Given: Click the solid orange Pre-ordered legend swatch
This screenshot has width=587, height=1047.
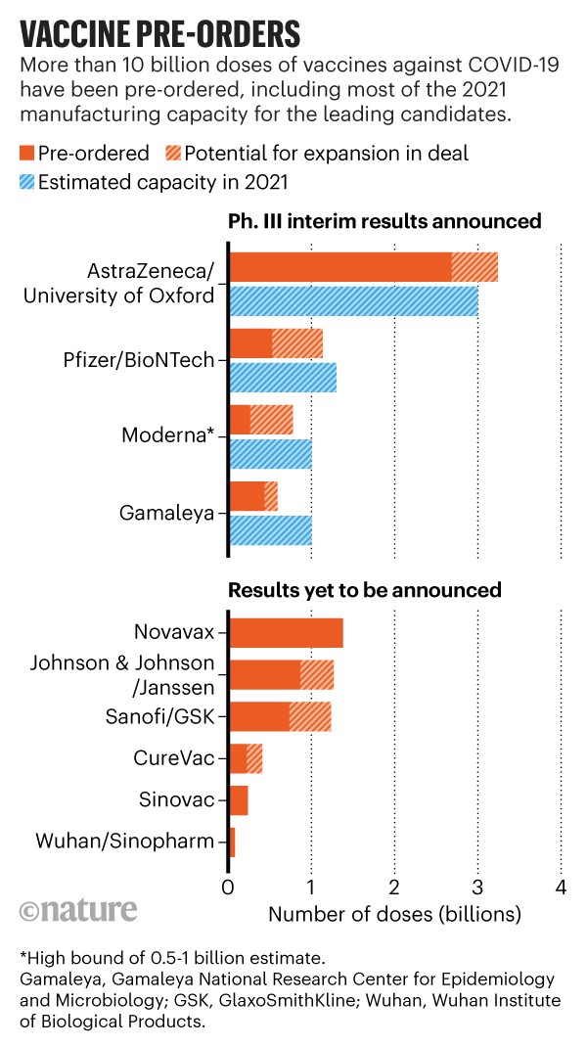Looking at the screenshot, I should click(26, 154).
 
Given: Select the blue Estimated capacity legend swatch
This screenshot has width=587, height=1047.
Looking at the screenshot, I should click(26, 183).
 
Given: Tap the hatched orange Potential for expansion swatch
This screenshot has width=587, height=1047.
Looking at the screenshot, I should click(170, 154).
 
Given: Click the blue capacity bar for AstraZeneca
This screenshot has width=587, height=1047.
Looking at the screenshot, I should click(353, 300).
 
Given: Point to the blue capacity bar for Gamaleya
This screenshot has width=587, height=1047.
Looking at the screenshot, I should click(270, 528).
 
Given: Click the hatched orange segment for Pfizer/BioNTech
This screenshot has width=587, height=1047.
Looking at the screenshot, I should click(297, 343).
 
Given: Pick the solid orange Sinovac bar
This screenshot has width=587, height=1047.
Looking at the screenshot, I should click(238, 799).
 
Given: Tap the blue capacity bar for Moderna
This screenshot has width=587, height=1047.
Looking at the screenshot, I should click(270, 453).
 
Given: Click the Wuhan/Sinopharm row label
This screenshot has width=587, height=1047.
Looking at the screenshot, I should click(126, 841).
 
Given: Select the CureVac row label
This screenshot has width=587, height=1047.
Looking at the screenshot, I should click(174, 757).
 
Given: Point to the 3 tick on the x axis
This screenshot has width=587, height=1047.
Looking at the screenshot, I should click(477, 888).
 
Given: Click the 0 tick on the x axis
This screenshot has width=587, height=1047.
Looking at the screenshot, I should click(228, 888).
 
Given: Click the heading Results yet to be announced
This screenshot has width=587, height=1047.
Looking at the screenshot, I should click(365, 590).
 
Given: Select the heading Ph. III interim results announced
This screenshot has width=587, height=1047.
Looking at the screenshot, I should click(384, 220).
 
